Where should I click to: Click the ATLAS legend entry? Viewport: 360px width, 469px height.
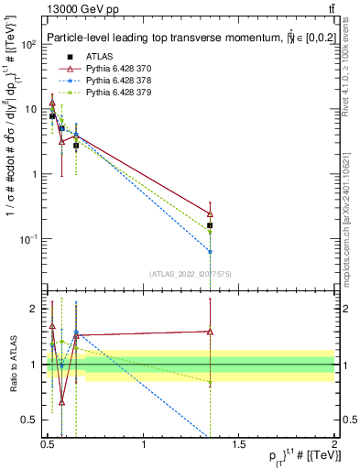[x=98, y=56]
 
